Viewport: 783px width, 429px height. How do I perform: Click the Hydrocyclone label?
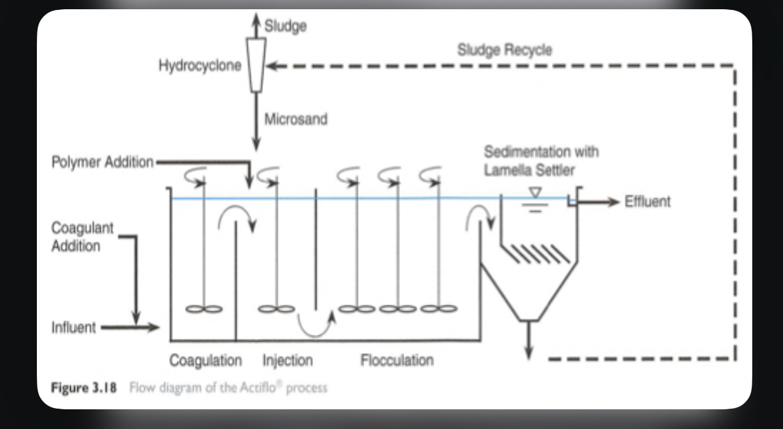click(x=200, y=66)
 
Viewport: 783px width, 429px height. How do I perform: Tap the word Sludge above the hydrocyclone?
click(x=286, y=26)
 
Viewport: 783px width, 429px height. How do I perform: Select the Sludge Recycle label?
click(x=504, y=50)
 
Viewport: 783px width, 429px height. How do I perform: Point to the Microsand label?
click(x=296, y=119)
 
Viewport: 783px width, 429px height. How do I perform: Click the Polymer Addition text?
click(x=103, y=162)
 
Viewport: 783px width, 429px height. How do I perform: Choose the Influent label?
click(x=73, y=327)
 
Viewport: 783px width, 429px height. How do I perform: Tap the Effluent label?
click(x=647, y=201)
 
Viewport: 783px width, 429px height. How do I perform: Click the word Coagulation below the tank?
click(x=205, y=360)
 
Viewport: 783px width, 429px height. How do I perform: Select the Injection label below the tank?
click(x=288, y=360)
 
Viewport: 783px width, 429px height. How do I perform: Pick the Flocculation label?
click(x=396, y=360)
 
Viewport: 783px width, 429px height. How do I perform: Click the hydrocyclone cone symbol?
click(x=255, y=65)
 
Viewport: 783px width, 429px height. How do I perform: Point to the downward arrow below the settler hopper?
click(x=527, y=351)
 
